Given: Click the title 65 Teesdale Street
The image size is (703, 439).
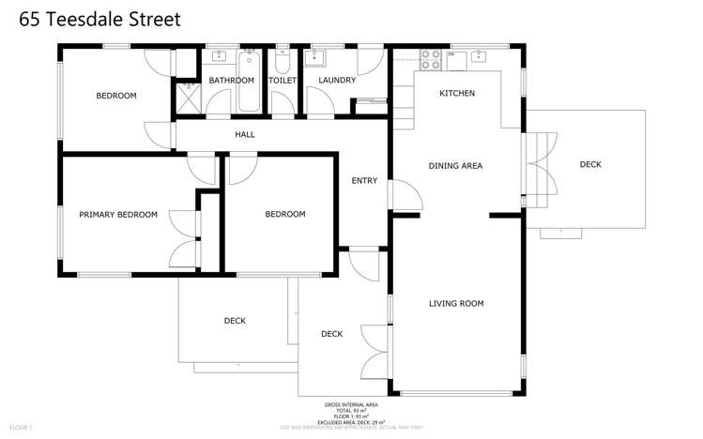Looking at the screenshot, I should [x=93, y=19].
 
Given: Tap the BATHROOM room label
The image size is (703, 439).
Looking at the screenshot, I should [x=232, y=81].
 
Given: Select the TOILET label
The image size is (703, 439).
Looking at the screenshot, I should [x=283, y=81].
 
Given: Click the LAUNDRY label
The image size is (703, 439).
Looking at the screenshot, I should [x=337, y=81].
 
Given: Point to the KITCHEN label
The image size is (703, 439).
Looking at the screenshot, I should [x=457, y=94].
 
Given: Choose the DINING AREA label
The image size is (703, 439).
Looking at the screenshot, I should [x=455, y=166].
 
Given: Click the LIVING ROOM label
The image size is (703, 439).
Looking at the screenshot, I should [x=456, y=304].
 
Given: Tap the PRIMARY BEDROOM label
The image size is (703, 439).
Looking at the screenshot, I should [x=118, y=215].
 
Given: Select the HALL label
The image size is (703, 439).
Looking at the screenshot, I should [x=245, y=135].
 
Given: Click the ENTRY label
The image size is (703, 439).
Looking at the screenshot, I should [x=364, y=181].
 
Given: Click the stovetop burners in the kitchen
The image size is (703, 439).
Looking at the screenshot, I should [x=431, y=59].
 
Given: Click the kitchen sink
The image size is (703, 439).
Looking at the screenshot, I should [x=479, y=57].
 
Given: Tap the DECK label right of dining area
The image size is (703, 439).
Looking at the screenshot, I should [x=590, y=165].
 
